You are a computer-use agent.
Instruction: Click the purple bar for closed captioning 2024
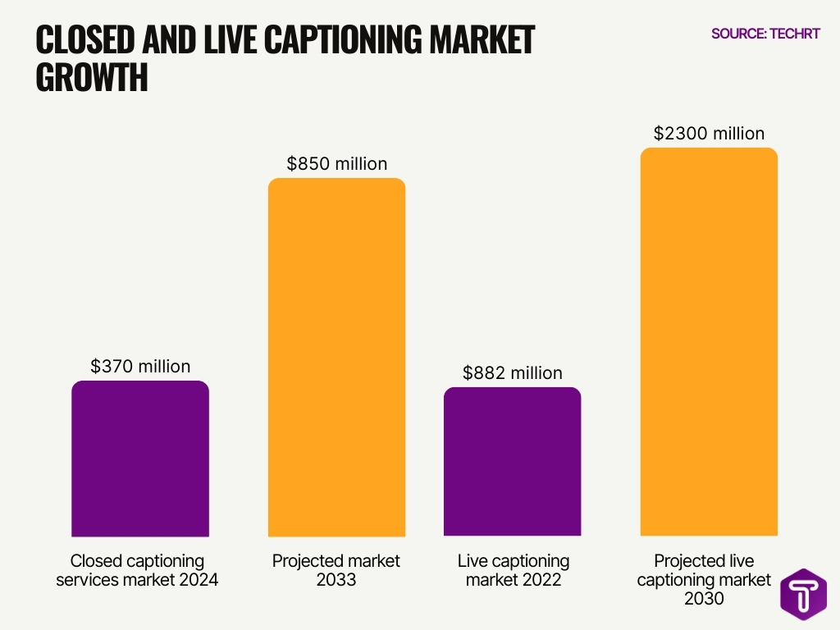pos(140,459)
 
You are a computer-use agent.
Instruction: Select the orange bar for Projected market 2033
pos(337,358)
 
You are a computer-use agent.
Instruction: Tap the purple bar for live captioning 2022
pos(513,462)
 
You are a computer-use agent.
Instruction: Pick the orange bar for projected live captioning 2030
pos(709,342)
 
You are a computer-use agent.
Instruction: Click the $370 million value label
pos(140,367)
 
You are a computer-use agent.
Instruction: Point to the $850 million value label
pos(337,164)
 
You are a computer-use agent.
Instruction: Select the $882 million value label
pos(513,373)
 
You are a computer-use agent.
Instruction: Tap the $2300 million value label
pos(709,134)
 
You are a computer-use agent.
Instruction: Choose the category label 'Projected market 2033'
pos(336,571)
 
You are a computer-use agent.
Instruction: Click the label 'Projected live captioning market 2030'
pos(705,580)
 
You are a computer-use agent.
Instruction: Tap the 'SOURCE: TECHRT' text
pos(765,34)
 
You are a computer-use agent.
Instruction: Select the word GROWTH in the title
pos(92,78)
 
